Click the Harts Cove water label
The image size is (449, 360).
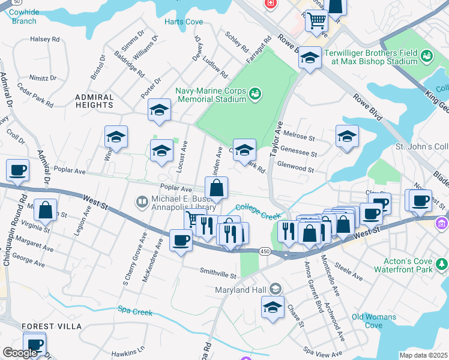click(184, 22)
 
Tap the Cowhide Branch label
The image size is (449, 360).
click(24, 16)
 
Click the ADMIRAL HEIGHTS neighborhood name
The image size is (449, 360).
click(94, 101)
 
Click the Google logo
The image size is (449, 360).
click(20, 353)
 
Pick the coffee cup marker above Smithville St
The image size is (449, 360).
click(181, 241)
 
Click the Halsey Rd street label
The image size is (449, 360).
click(45, 39)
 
